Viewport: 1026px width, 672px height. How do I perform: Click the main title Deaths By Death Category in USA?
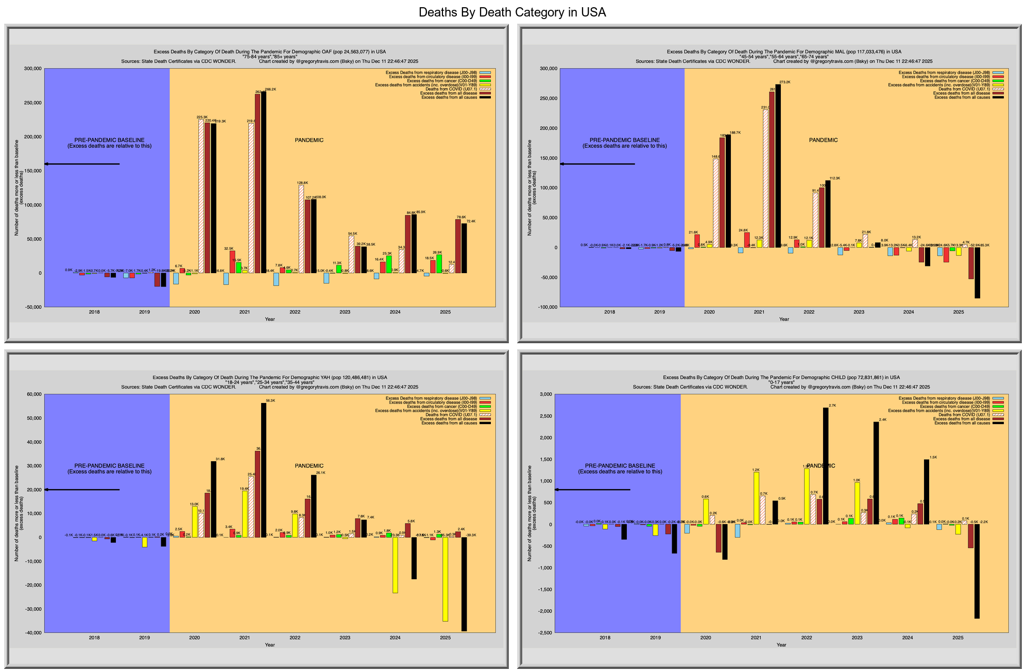(512, 12)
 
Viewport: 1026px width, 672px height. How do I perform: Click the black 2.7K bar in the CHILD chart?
(826, 466)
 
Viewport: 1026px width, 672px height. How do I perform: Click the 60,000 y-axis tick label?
(33, 394)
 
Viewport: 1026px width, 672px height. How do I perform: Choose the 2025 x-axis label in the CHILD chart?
(958, 638)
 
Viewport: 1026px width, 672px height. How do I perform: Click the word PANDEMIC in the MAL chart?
(823, 140)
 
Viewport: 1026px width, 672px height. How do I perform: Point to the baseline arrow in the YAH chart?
(82, 490)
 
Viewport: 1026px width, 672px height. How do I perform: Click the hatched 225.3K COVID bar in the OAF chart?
(201, 196)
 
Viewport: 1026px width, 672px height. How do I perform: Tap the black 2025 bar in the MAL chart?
(977, 273)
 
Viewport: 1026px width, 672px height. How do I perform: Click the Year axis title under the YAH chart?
(270, 645)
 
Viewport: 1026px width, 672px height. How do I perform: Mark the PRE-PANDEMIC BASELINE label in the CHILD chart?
(620, 466)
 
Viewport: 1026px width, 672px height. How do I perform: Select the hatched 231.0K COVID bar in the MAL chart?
(765, 178)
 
